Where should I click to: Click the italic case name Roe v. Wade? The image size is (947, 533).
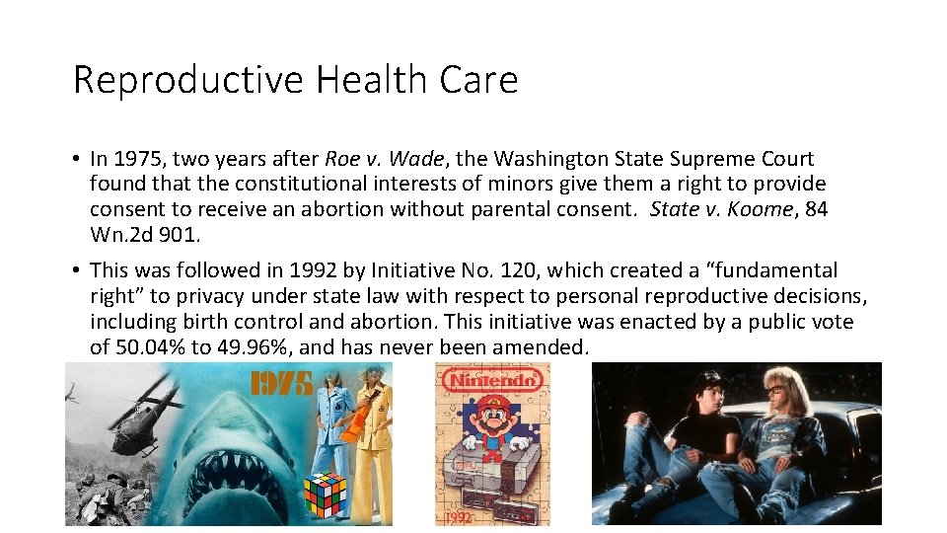pyautogui.click(x=383, y=159)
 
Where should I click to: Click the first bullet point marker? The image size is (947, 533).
pyautogui.click(x=76, y=159)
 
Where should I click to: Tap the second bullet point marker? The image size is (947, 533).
pyautogui.click(x=76, y=270)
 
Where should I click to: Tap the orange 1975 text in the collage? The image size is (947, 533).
pyautogui.click(x=280, y=382)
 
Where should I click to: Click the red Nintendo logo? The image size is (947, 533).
pyautogui.click(x=492, y=379)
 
